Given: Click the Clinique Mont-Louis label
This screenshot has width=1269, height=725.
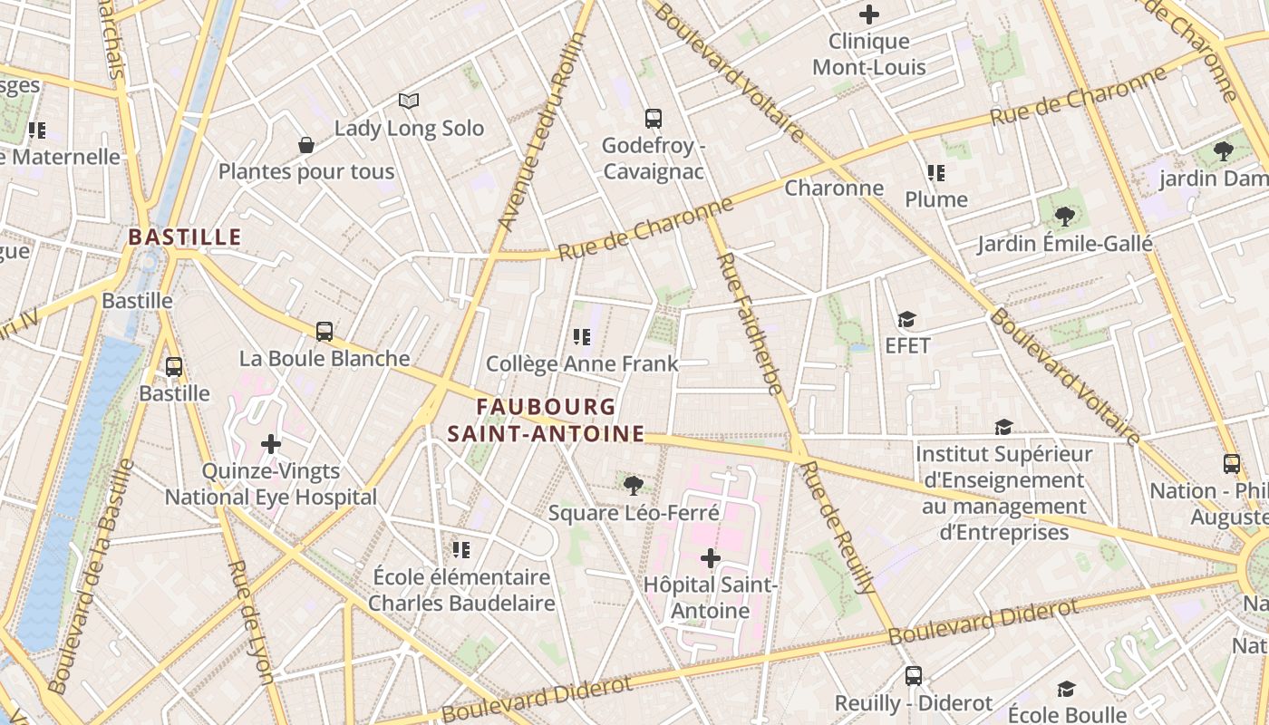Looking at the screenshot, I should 868,54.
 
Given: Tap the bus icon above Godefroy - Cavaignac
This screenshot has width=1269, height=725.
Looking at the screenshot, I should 653,118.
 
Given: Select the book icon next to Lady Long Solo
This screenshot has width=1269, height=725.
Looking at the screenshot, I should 409,101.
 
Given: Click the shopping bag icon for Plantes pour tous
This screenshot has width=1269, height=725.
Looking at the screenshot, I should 306,145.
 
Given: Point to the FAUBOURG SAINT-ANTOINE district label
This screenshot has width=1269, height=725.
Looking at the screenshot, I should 546,420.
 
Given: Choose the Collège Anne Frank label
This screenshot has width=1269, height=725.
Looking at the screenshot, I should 582,364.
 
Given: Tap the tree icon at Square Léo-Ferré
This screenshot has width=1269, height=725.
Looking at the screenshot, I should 634,486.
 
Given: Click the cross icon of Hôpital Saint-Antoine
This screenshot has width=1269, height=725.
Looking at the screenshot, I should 711,557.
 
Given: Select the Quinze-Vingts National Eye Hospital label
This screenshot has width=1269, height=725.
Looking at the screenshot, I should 270,484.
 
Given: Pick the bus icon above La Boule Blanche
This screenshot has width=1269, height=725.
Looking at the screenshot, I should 325,332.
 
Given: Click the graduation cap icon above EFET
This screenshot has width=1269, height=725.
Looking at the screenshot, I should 906,319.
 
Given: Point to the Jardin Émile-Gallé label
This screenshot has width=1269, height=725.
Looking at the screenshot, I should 1064,244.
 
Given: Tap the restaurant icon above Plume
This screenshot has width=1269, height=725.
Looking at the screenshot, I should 935,172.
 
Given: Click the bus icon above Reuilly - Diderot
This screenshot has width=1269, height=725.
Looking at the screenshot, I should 914,676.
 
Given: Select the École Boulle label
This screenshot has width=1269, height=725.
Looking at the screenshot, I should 1067,714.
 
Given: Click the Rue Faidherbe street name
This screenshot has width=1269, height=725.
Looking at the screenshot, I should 749,324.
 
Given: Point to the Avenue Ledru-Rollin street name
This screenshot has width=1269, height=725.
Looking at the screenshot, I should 543,131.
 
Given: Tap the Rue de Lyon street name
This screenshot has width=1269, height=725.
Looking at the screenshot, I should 251,622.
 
